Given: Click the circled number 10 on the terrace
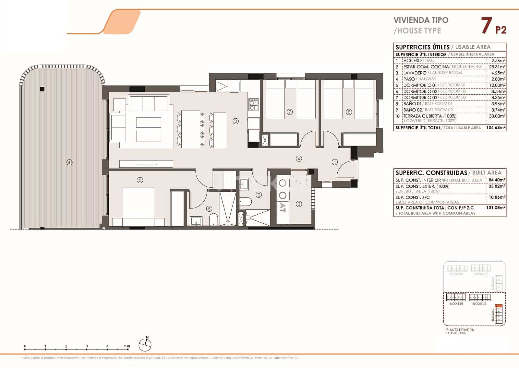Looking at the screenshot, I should pos(69,162).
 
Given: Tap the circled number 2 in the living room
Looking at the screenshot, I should pos(236,121).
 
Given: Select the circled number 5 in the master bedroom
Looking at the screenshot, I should pos(140,180).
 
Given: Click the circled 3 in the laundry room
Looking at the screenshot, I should pos(299,204).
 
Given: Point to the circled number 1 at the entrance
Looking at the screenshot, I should pos(335,162).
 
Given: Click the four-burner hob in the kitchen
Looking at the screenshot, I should pos(253,104).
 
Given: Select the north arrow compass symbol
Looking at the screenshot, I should pos(145,345).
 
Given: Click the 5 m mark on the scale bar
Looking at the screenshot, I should pos(127,346).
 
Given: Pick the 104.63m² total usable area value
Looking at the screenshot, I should pos(496,128).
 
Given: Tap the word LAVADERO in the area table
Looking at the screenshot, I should pos(415,73).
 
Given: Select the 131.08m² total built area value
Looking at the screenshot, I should pos(497,208).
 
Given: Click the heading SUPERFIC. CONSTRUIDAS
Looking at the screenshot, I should pos(431,173).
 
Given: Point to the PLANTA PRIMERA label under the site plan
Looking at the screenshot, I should pos(459,330).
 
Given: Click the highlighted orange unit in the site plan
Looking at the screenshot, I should pos(500,305).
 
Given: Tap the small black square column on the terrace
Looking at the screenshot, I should pos(42,89).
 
